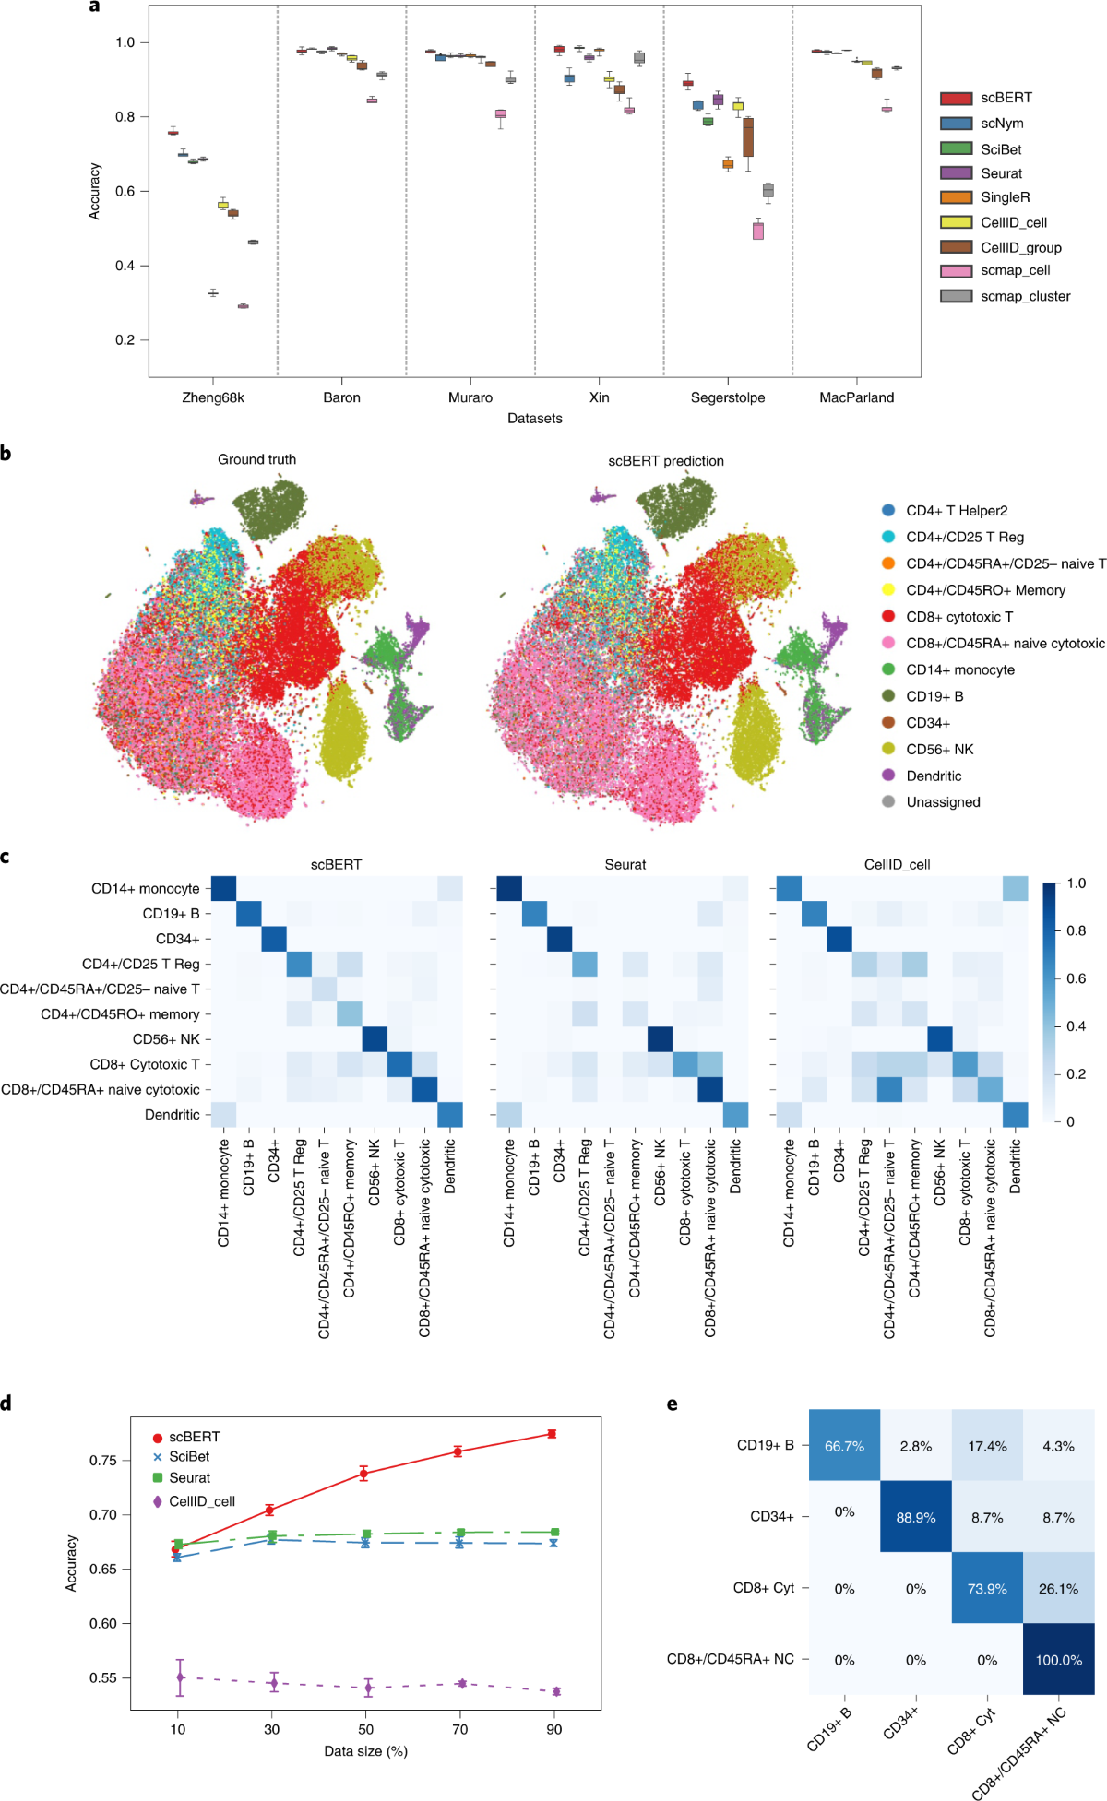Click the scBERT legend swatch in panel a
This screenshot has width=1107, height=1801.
tap(957, 99)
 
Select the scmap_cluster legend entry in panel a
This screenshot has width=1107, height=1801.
tap(1025, 296)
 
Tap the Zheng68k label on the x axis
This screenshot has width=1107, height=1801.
tap(213, 397)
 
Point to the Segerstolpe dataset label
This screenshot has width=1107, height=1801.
tap(728, 397)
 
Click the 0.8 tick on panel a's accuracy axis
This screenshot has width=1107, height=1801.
tap(125, 117)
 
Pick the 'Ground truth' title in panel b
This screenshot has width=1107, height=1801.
tap(256, 459)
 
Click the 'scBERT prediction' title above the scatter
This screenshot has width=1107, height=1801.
tap(665, 461)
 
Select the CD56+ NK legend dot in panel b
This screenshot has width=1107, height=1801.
tap(888, 750)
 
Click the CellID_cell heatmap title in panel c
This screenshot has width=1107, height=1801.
tap(897, 865)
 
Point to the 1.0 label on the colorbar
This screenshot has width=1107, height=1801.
tap(1076, 883)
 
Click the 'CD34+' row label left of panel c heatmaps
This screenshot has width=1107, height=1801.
tap(177, 939)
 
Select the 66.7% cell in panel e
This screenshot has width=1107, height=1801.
tap(844, 1446)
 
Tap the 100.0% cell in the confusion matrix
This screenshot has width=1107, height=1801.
tap(1058, 1660)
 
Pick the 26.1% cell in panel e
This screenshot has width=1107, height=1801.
tap(1058, 1589)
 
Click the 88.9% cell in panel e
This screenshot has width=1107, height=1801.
tap(915, 1518)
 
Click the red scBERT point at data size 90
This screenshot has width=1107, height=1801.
tap(552, 1434)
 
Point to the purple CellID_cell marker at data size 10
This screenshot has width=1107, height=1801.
tap(180, 1677)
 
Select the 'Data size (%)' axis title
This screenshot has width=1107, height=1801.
tap(365, 1751)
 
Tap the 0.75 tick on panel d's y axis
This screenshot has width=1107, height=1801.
tap(103, 1461)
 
